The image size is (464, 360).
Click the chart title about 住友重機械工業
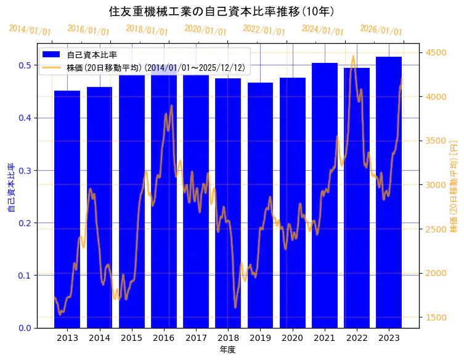pos(221,11)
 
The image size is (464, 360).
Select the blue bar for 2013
pos(67,209)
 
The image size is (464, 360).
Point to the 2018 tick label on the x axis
pos(228,338)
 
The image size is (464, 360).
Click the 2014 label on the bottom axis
pos(99,338)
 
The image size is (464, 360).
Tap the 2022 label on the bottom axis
pos(357,338)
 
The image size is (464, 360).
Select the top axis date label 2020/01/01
pos(205,30)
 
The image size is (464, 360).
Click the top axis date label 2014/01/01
pos(30,30)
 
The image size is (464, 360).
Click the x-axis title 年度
pos(227,350)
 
